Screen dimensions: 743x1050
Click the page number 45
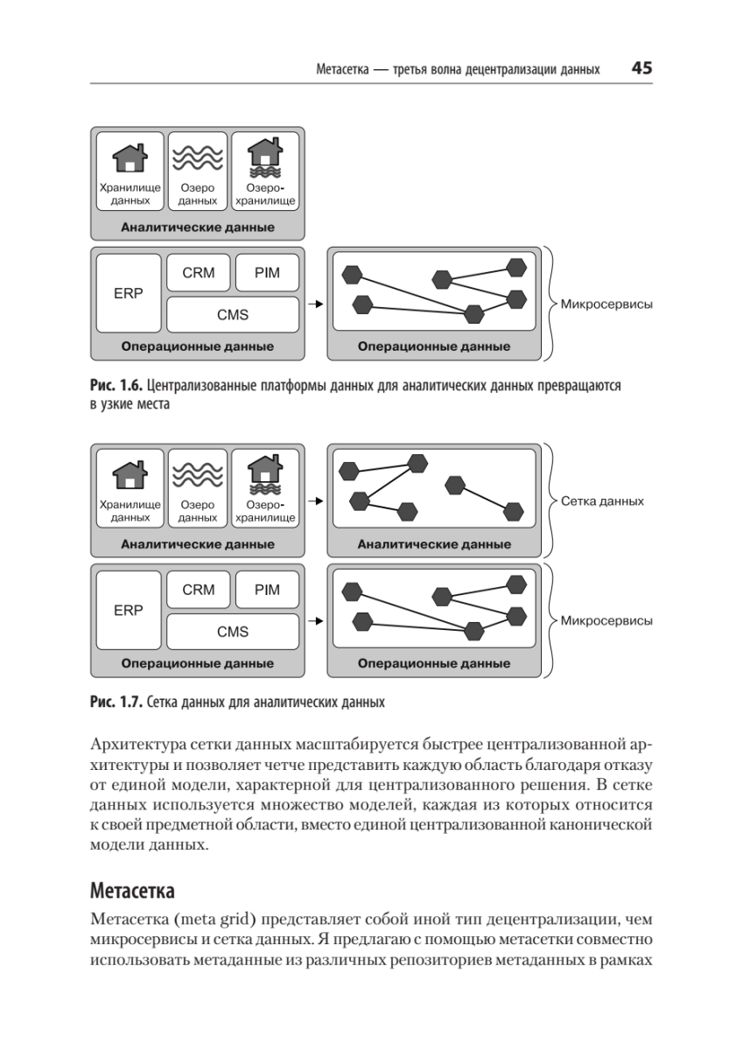click(641, 68)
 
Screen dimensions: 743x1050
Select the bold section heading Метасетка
click(132, 891)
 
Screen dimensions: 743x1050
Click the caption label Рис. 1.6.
click(116, 385)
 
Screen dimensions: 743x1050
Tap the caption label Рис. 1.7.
click(116, 702)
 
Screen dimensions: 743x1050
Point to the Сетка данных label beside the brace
click(602, 501)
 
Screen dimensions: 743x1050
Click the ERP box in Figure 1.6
click(129, 293)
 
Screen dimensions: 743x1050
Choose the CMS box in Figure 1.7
click(233, 632)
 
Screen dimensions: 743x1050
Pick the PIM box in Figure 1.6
click(267, 272)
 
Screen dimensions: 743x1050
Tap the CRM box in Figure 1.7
click(199, 589)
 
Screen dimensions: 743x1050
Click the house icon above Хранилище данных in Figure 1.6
click(130, 157)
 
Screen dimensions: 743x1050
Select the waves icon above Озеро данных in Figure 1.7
click(198, 475)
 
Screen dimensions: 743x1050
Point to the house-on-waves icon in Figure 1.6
click(265, 158)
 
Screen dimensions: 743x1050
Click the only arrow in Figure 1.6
click(316, 304)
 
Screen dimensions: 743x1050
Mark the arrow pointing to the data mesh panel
click(316, 501)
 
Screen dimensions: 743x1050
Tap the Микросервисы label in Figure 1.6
click(606, 304)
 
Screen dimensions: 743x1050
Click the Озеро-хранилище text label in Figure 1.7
click(265, 511)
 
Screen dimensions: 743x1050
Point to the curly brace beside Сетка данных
click(550, 500)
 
